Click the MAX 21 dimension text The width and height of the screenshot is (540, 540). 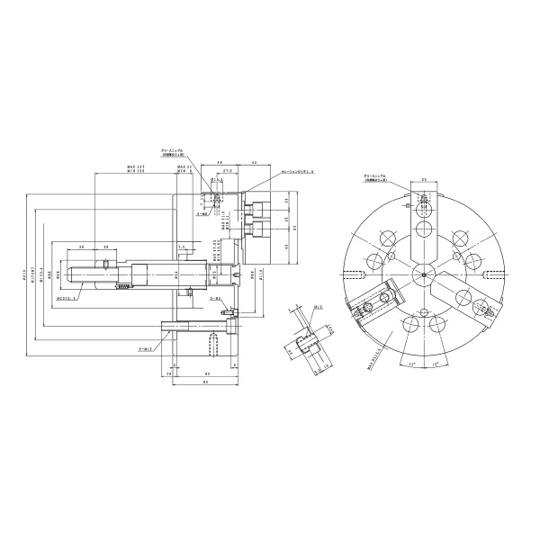pyautogui.click(x=184, y=166)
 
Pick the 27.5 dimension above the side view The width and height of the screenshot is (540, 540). pyautogui.click(x=228, y=168)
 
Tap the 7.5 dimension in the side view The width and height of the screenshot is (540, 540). pyautogui.click(x=181, y=245)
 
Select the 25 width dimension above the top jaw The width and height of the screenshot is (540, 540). pyautogui.click(x=424, y=179)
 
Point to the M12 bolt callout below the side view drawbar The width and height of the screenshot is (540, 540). pyautogui.click(x=145, y=347)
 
